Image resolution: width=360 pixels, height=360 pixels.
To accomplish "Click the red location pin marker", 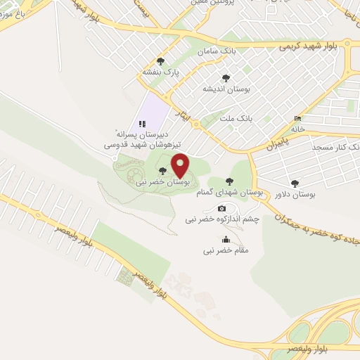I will coord(180,165).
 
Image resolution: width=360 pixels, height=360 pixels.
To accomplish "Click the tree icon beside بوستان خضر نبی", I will coord(163,171).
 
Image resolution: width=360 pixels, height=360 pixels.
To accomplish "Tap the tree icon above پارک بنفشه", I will coord(161,61).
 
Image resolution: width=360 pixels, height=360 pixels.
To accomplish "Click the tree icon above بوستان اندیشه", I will coord(226,78).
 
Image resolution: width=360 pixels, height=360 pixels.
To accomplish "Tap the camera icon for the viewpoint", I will coord(222,208).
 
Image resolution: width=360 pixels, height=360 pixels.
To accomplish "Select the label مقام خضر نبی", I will coord(225,250).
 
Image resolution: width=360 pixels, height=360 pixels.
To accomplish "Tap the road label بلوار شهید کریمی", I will coord(307,46).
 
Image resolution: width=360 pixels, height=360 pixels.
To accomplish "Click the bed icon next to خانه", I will coord(297,118).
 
